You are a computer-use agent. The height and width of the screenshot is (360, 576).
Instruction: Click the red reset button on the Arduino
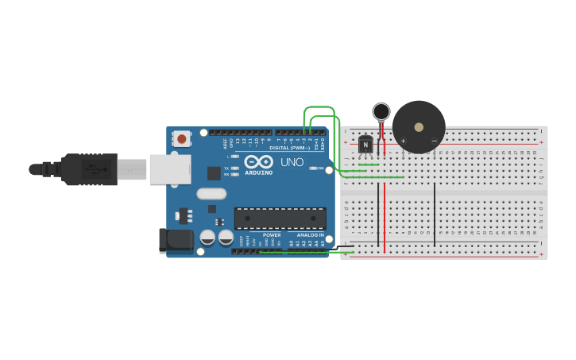pyautogui.click(x=182, y=139)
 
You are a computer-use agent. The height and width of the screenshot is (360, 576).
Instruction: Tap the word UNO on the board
pyautogui.click(x=292, y=162)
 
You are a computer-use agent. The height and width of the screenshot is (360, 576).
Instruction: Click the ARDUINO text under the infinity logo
pyautogui.click(x=258, y=172)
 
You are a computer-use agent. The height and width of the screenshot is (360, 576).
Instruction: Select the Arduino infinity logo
pyautogui.click(x=258, y=161)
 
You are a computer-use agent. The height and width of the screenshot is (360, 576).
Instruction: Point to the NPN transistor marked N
pyautogui.click(x=365, y=144)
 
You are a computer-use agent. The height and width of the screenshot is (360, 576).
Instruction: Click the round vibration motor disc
pyautogui.click(x=381, y=111)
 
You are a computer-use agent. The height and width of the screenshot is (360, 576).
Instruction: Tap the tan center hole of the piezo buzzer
pyautogui.click(x=419, y=127)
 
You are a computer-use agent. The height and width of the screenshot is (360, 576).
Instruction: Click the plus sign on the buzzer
pyautogui.click(x=403, y=141)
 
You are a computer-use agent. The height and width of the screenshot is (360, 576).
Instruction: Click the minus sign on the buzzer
pyautogui.click(x=434, y=141)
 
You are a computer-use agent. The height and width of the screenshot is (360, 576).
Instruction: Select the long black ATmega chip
pyautogui.click(x=280, y=219)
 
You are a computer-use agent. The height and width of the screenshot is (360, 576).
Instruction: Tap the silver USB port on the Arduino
pyautogui.click(x=170, y=168)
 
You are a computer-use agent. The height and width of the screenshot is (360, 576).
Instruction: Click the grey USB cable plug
pyautogui.click(x=132, y=169)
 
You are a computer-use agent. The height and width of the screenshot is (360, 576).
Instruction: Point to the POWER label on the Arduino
pyautogui.click(x=272, y=235)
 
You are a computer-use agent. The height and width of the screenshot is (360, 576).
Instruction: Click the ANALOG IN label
pyautogui.click(x=310, y=235)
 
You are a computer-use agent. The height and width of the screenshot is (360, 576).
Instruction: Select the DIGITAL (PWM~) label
pyautogui.click(x=289, y=148)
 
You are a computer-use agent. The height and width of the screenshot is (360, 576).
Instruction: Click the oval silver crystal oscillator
pyautogui.click(x=211, y=193)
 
